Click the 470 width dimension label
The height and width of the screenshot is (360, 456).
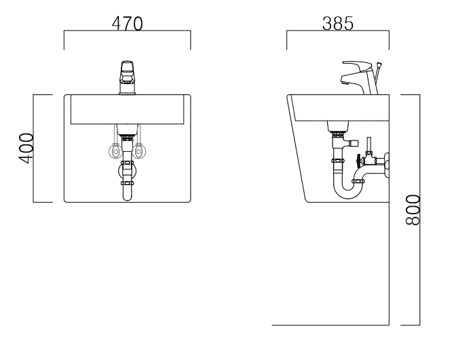[128, 24]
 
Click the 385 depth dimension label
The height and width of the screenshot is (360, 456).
[338, 24]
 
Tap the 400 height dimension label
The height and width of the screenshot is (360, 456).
[26, 148]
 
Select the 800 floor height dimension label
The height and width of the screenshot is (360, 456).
[413, 209]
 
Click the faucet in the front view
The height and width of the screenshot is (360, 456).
[127, 77]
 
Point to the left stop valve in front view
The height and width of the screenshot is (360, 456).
[115, 151]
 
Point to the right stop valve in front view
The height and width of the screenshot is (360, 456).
[139, 151]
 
